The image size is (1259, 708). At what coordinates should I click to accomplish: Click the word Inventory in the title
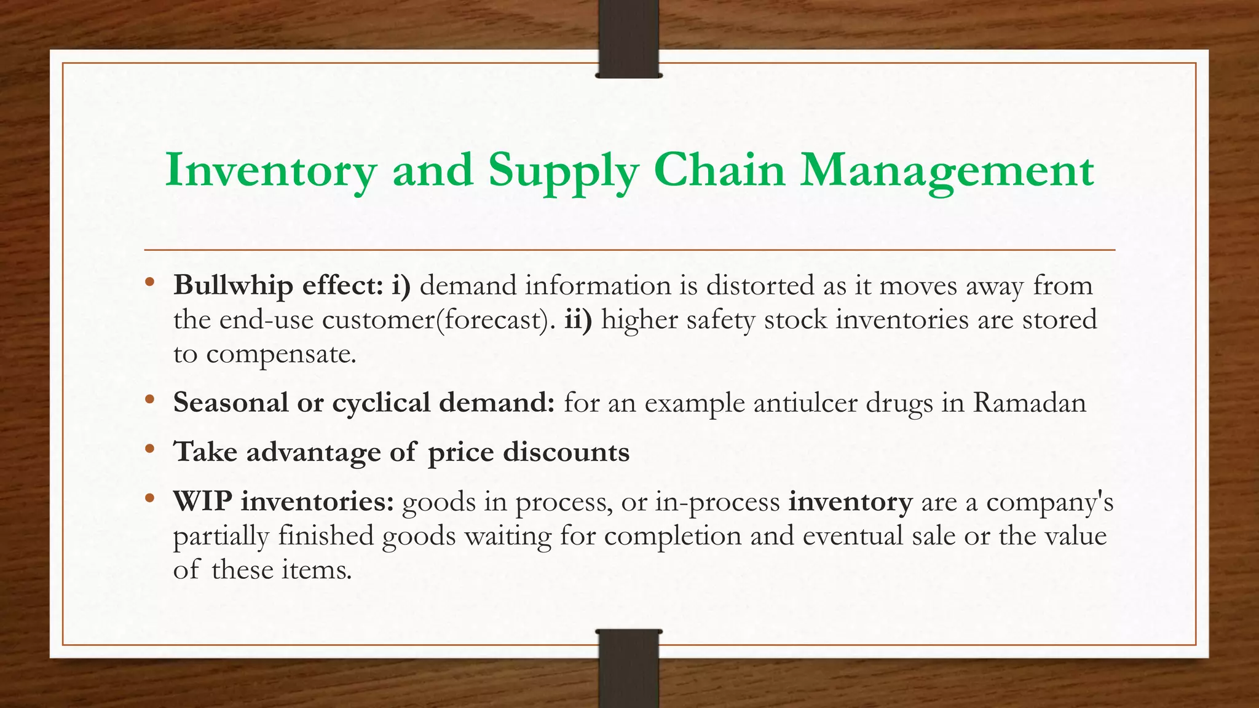pos(270,170)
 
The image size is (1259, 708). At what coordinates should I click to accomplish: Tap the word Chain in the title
pos(719,170)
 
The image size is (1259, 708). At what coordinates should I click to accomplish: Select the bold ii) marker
pos(578,320)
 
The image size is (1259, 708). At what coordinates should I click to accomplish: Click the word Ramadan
pos(1029,403)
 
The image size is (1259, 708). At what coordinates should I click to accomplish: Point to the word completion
pos(673,536)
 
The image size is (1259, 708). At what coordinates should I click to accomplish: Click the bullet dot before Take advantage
pos(149,450)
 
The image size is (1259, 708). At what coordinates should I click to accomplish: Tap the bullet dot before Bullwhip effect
pos(149,283)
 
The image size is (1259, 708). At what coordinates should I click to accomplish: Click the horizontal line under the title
pos(629,250)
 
